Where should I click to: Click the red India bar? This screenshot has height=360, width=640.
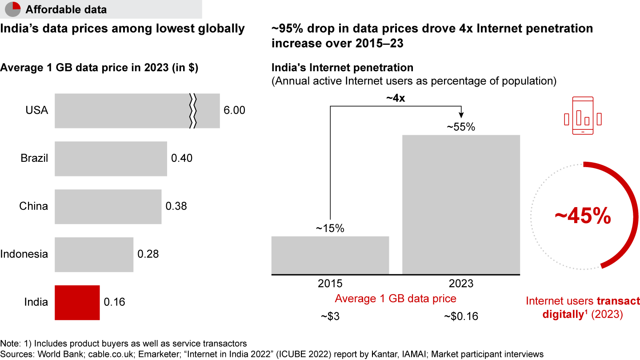tap(77, 302)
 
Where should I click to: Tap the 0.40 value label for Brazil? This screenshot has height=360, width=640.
tap(182, 158)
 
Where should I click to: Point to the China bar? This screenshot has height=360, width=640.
tap(108, 206)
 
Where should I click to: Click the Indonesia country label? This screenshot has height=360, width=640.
tap(24, 254)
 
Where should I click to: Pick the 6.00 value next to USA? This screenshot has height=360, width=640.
tap(234, 111)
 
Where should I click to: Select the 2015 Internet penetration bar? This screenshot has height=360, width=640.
tap(330, 255)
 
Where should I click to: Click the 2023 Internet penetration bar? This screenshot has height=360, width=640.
tap(461, 204)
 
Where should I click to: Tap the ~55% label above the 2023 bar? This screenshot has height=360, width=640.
tap(461, 127)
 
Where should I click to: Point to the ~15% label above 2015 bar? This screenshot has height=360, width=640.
tap(330, 228)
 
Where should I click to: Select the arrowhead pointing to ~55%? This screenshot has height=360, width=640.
tap(461, 116)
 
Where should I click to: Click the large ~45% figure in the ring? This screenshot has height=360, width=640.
tap(583, 216)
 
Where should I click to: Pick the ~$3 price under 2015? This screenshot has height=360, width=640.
tap(330, 317)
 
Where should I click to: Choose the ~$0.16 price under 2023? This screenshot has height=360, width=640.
tap(461, 317)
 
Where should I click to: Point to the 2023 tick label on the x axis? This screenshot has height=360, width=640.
tap(461, 284)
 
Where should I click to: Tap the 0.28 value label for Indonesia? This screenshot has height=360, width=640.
tap(148, 254)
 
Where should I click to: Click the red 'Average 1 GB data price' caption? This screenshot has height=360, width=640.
tap(396, 299)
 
